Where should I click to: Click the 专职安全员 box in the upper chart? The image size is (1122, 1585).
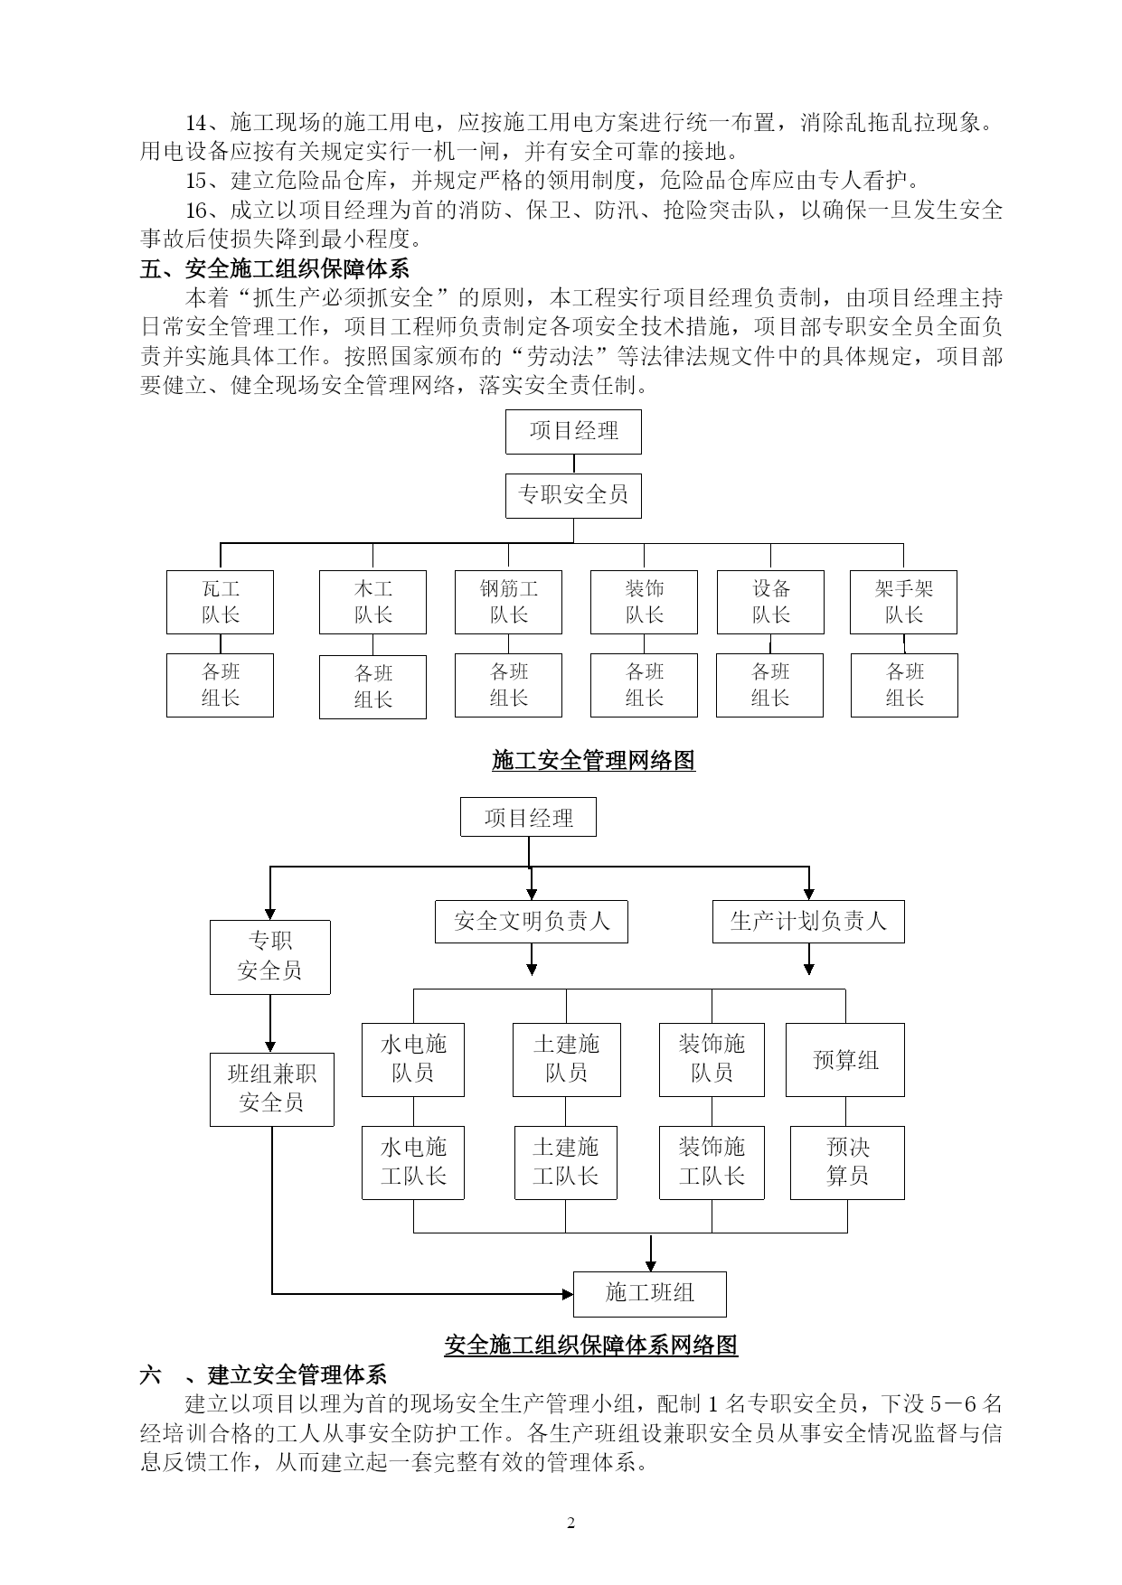[573, 495]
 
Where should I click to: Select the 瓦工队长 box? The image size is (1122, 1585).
[220, 602]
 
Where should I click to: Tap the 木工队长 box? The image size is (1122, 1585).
[372, 602]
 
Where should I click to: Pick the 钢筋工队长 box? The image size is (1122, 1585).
[508, 602]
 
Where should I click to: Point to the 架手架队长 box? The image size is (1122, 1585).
[903, 602]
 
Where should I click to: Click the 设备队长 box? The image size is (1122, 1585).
[770, 602]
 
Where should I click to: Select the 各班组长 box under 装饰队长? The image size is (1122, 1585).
[644, 685]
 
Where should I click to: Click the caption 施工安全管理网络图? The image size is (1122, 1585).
[593, 761]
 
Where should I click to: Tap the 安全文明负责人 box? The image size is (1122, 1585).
[532, 922]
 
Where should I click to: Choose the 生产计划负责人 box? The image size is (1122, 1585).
[808, 922]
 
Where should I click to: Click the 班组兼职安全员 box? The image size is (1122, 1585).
[272, 1089]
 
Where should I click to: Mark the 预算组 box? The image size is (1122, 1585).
[845, 1060]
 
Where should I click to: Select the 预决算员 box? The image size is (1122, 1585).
[847, 1163]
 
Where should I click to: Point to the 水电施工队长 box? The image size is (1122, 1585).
[413, 1163]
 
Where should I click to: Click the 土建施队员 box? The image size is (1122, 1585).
[566, 1060]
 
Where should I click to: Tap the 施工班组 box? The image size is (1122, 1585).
[650, 1294]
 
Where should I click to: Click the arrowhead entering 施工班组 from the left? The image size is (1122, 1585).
[567, 1294]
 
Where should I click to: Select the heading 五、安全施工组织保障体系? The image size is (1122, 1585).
[275, 268]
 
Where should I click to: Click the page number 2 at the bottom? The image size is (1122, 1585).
[570, 1524]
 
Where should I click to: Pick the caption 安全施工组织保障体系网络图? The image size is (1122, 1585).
[591, 1346]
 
